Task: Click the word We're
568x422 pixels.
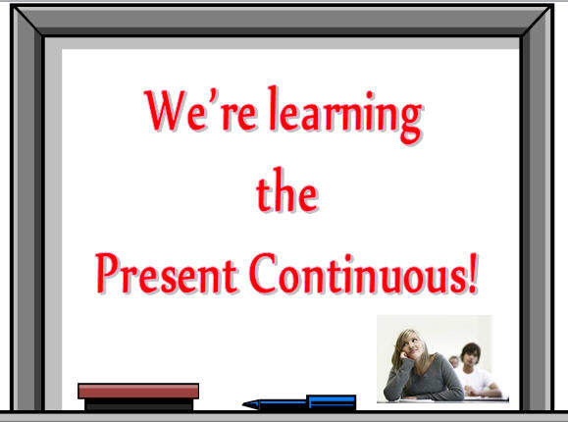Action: click(201, 111)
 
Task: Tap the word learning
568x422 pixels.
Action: click(346, 114)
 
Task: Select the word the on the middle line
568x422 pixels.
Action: click(287, 189)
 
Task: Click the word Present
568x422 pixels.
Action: click(166, 273)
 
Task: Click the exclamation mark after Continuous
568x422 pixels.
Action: click(473, 273)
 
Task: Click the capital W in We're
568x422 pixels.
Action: click(165, 111)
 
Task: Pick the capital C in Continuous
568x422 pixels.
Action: click(263, 273)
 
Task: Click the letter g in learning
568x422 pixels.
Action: click(411, 123)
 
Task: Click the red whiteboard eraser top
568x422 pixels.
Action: click(138, 391)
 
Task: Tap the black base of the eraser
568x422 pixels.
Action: click(138, 404)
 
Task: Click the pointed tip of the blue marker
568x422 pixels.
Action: click(243, 404)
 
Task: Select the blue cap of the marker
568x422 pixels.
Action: click(332, 401)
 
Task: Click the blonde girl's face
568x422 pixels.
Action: click(413, 345)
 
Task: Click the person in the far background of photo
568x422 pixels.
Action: click(454, 361)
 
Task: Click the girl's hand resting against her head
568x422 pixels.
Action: click(401, 352)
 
